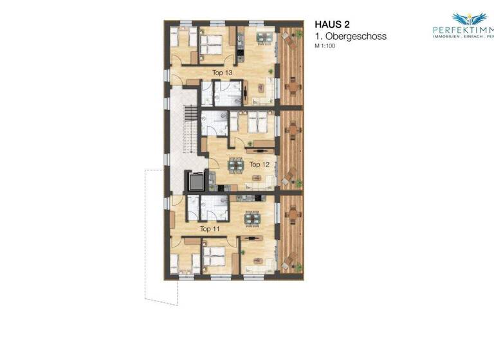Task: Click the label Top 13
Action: point(222,73)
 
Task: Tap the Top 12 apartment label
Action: point(259,165)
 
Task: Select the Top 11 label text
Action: point(210,229)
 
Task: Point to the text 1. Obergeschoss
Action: point(351,37)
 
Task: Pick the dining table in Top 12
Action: point(236,165)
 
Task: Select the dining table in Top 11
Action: point(253,218)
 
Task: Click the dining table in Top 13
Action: point(264,37)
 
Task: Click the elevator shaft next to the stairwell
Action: point(196,181)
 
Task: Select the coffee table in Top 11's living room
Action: point(258,260)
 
